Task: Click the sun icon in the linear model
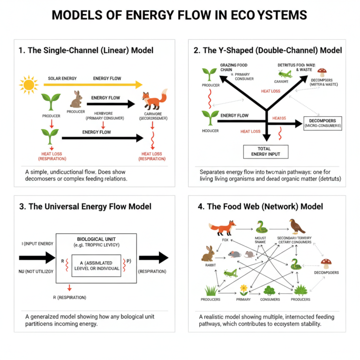click(x=28, y=85)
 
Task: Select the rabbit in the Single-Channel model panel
click(x=76, y=99)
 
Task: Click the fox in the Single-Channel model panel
click(x=154, y=100)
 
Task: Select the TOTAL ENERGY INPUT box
click(x=265, y=151)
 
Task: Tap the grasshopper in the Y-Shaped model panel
click(x=284, y=74)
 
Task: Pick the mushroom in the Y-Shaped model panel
click(x=322, y=72)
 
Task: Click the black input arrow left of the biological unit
click(x=37, y=257)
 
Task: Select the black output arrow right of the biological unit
click(x=153, y=257)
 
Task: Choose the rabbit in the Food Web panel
click(x=208, y=254)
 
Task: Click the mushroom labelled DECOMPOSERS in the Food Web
click(x=327, y=264)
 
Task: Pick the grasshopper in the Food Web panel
click(x=230, y=272)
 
